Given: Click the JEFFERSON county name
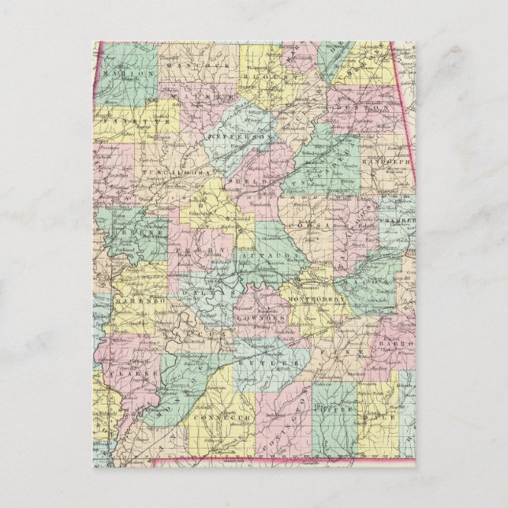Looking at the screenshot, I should point(238,136).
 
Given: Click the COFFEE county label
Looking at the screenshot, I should point(329,411).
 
